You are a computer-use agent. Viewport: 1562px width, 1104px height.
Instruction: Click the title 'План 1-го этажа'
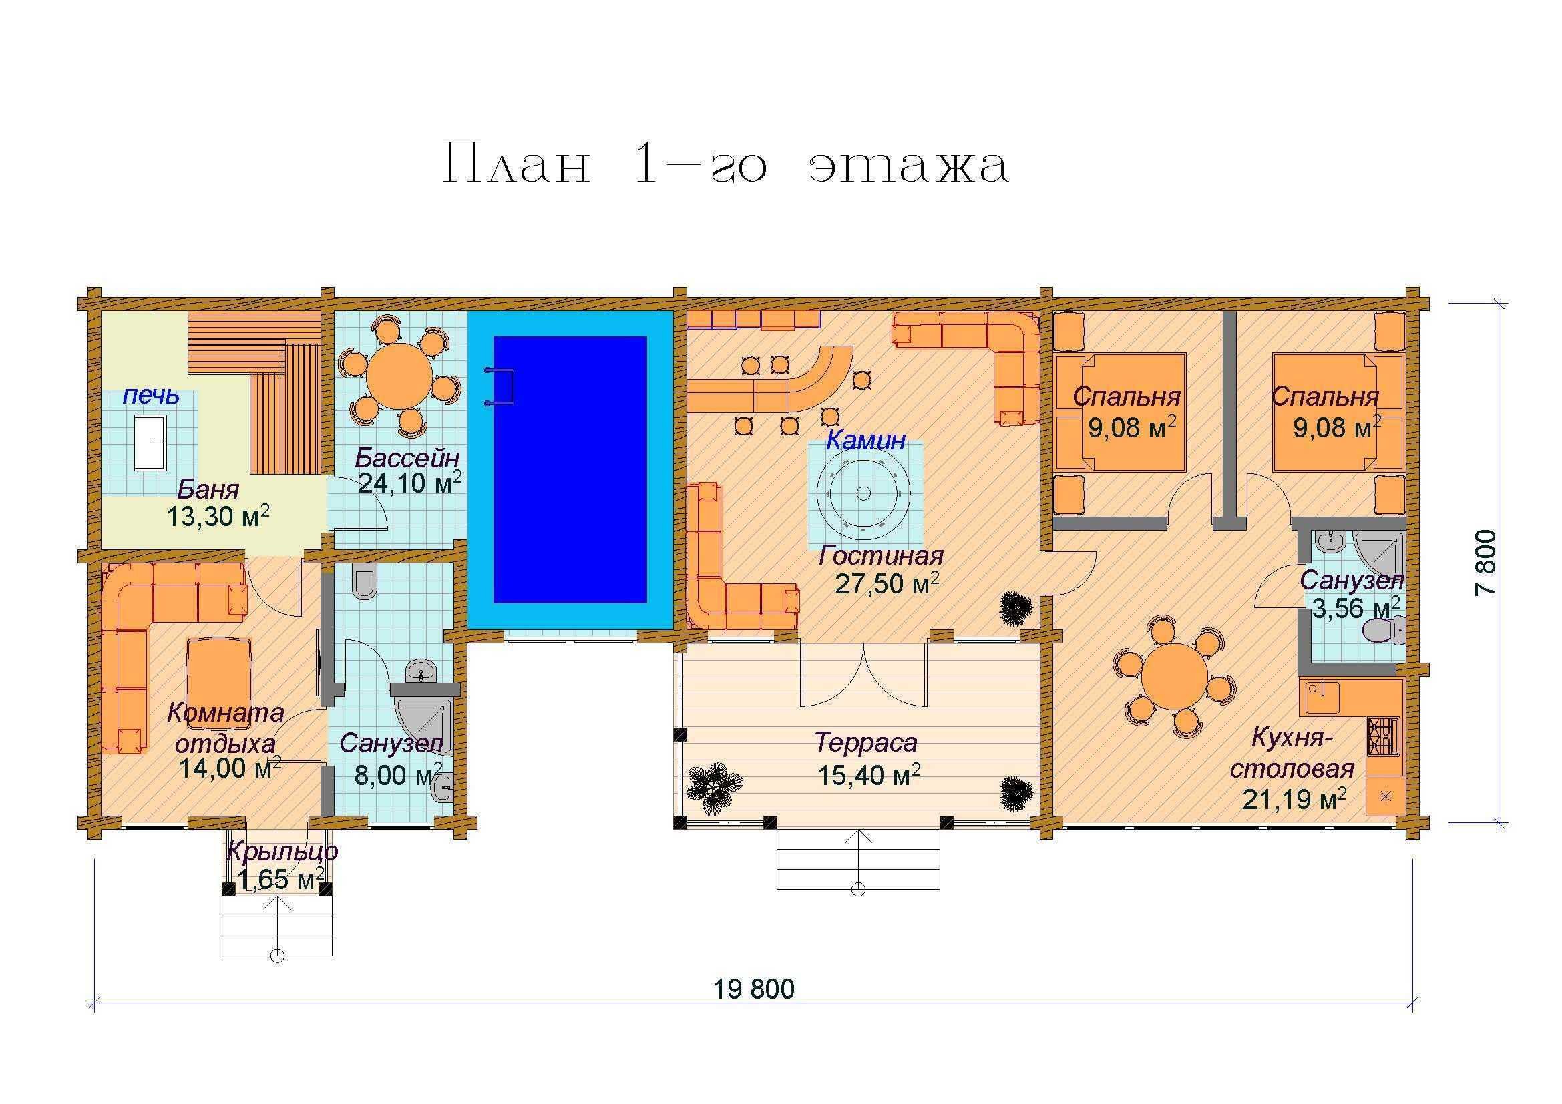[726, 164]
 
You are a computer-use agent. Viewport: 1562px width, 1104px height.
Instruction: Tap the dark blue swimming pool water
[570, 470]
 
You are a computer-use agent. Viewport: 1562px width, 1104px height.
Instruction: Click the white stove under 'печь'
[150, 443]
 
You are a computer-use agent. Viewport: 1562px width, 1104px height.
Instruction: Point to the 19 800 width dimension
[754, 989]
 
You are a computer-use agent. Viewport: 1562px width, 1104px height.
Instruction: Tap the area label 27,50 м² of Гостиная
[887, 583]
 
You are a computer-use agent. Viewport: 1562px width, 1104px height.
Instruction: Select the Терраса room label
[866, 742]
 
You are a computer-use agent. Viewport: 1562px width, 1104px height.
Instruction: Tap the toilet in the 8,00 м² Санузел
[365, 583]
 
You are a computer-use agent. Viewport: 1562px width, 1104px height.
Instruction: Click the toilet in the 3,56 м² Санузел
[1384, 631]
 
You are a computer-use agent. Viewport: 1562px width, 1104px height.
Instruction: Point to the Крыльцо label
[282, 851]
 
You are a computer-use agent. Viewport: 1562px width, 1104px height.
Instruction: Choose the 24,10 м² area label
[409, 483]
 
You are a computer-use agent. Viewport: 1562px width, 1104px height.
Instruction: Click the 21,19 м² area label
[1295, 798]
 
